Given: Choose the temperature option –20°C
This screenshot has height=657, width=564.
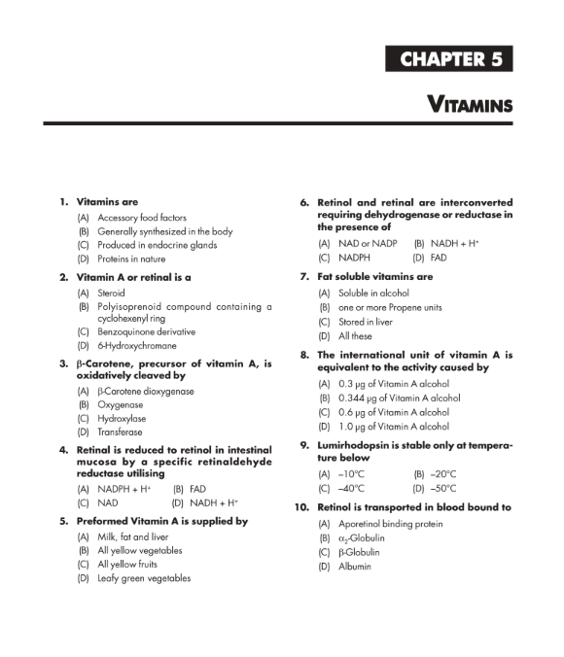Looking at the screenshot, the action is point(439,474).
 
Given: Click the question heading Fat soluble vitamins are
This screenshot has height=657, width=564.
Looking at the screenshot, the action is point(374,277).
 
